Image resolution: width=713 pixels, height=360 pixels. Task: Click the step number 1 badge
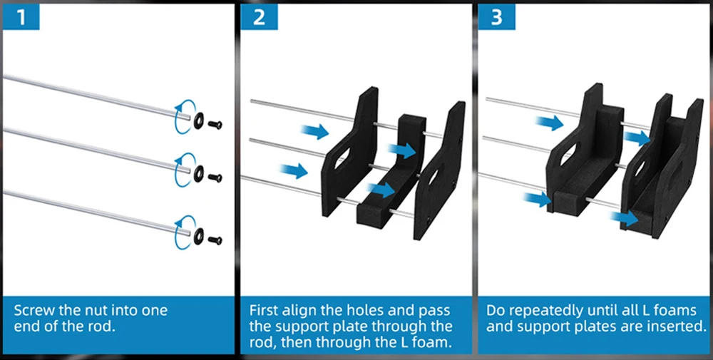pos(21,16)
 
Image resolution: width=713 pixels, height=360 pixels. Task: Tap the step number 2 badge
pos(259,16)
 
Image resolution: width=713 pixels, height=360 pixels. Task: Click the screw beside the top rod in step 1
pos(215,124)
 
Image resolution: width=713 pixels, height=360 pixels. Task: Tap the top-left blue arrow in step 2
pos(314,131)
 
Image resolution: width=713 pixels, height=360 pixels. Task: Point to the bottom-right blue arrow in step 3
pos(625,216)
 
